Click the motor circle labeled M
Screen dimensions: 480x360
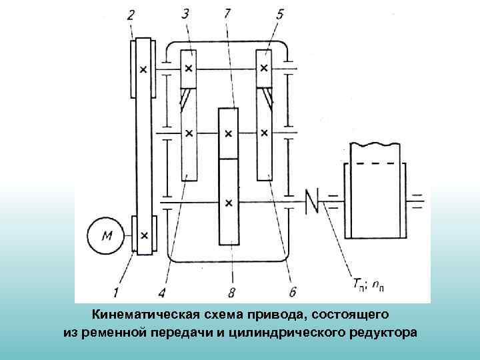(x=107, y=235)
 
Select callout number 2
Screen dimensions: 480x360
(x=131, y=14)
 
